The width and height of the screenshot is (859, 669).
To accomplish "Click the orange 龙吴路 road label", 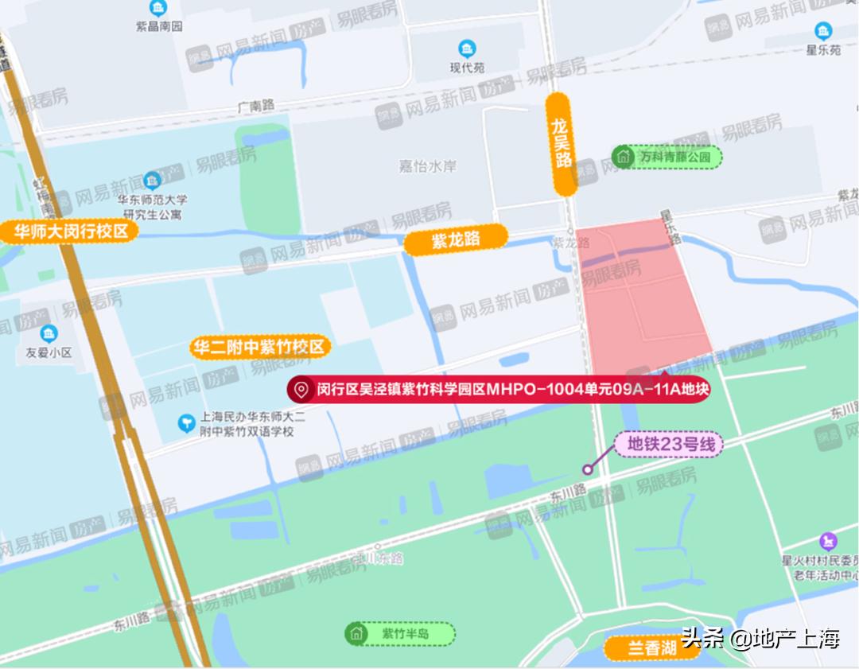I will tap(563, 144).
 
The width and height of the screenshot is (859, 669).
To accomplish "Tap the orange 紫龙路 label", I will tap(456, 240).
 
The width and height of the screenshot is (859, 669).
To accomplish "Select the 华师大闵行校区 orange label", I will tap(70, 232).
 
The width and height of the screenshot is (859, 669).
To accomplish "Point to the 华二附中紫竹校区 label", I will tap(259, 348).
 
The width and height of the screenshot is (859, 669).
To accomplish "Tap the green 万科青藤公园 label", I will tap(667, 157).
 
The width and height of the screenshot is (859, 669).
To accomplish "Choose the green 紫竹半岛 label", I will tap(400, 633).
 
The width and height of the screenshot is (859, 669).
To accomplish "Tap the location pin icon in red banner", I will tap(301, 390).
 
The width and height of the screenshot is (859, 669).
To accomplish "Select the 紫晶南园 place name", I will tap(159, 26).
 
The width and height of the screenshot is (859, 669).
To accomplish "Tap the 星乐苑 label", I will tap(823, 49).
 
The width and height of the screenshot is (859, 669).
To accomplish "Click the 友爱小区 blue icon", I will tap(50, 333).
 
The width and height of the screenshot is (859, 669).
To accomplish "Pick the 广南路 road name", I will tap(255, 105).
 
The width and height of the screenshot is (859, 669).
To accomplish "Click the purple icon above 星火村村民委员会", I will tap(830, 541).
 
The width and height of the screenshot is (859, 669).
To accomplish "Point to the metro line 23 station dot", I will tap(589, 469).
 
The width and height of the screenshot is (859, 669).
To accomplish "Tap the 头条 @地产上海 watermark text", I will tap(760, 638).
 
